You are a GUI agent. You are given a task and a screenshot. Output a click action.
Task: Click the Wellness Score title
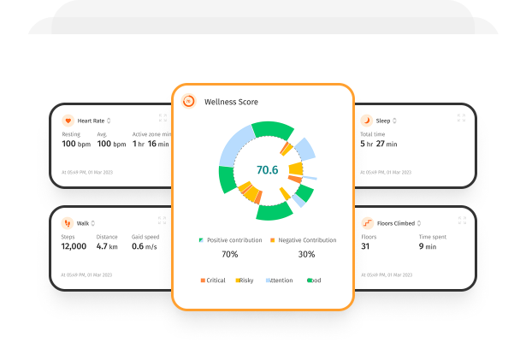click(x=231, y=102)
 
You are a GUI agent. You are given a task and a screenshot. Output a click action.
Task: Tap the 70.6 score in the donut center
click(x=268, y=169)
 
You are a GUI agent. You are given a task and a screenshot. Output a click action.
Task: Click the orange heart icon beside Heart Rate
click(x=68, y=121)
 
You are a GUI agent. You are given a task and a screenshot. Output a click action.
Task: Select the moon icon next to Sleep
click(x=368, y=121)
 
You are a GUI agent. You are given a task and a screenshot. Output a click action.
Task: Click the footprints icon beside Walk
click(x=68, y=223)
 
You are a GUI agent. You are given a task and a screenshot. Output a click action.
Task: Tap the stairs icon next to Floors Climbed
click(x=368, y=223)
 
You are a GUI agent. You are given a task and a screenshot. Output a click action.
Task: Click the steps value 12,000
click(x=74, y=246)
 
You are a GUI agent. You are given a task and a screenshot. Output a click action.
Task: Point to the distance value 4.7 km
click(x=108, y=246)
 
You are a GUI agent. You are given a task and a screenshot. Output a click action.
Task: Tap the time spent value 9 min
click(x=428, y=246)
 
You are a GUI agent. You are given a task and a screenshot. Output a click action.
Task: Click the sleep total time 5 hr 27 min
click(x=378, y=144)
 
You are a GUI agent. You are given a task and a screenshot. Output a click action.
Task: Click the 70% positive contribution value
click(x=230, y=254)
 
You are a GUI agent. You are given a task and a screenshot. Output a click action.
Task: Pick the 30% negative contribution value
click(x=306, y=254)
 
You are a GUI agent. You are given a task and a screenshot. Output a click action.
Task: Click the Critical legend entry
click(x=215, y=280)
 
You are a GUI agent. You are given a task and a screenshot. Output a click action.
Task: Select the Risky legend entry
click(x=244, y=280)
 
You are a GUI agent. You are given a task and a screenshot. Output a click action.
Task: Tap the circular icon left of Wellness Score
click(x=188, y=101)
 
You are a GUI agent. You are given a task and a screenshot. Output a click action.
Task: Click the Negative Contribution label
click(x=306, y=240)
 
